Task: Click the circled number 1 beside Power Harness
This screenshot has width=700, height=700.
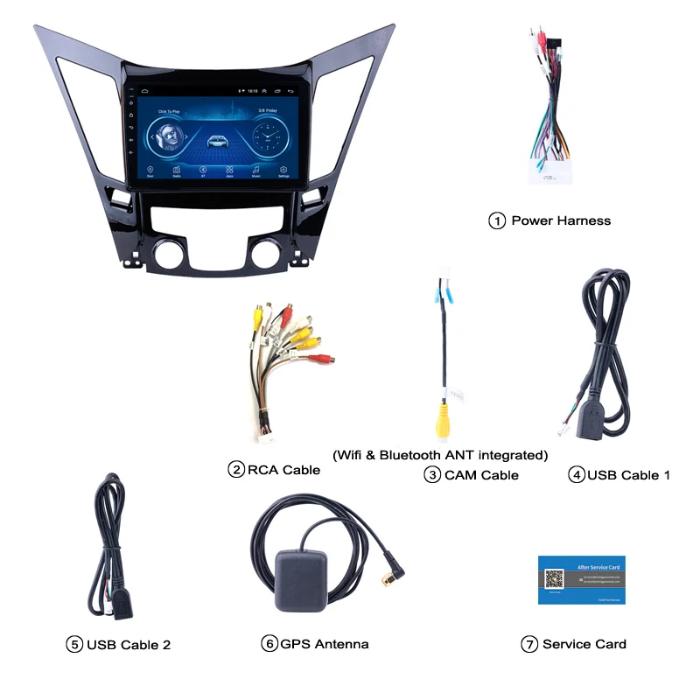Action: pos(497,220)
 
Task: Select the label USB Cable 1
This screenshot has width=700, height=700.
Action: pos(628,475)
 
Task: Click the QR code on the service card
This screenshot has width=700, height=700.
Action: pos(555,579)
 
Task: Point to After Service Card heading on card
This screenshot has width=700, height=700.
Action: pos(598,567)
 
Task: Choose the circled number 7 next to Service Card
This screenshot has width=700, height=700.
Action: pos(528,644)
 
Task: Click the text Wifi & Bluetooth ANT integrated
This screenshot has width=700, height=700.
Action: pos(440,455)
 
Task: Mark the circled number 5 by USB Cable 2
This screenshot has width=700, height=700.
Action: pos(74,645)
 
